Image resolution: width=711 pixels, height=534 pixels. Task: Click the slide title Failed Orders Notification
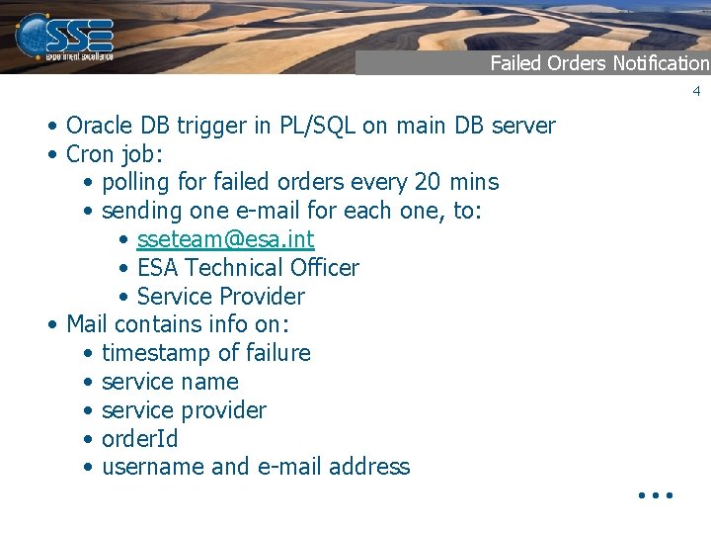(x=599, y=63)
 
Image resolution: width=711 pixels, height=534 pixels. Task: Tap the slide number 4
(x=695, y=91)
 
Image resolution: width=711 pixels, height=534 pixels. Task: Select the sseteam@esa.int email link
(x=225, y=239)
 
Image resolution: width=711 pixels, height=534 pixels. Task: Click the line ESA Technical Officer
(x=248, y=268)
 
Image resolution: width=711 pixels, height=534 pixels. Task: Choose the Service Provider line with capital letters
(x=221, y=297)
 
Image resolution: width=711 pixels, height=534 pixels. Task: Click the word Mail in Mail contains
(x=87, y=324)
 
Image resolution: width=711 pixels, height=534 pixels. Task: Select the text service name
(x=170, y=382)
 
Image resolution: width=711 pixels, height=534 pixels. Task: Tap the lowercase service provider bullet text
(x=184, y=410)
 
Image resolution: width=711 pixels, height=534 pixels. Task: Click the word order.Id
(x=140, y=439)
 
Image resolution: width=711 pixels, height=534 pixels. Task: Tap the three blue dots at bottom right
(x=655, y=493)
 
